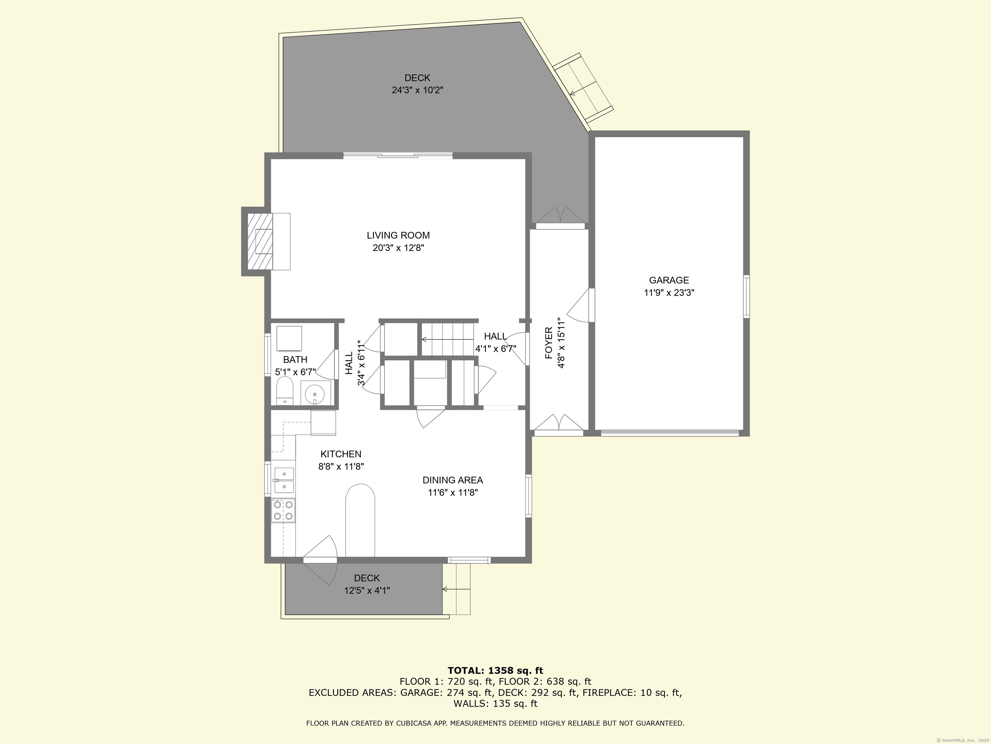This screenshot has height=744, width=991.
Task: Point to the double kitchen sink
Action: pyautogui.click(x=284, y=480)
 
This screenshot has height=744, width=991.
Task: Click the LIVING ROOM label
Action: pyautogui.click(x=398, y=235)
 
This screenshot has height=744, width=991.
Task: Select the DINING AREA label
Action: pyautogui.click(x=453, y=480)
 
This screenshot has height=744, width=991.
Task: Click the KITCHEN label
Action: pyautogui.click(x=340, y=454)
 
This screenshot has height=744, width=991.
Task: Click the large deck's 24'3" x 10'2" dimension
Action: pyautogui.click(x=417, y=90)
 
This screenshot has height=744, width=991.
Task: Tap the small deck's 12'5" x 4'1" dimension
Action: pyautogui.click(x=366, y=591)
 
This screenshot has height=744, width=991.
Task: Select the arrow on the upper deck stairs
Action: pyautogui.click(x=573, y=93)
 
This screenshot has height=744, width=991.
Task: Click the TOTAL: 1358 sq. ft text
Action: pyautogui.click(x=495, y=670)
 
